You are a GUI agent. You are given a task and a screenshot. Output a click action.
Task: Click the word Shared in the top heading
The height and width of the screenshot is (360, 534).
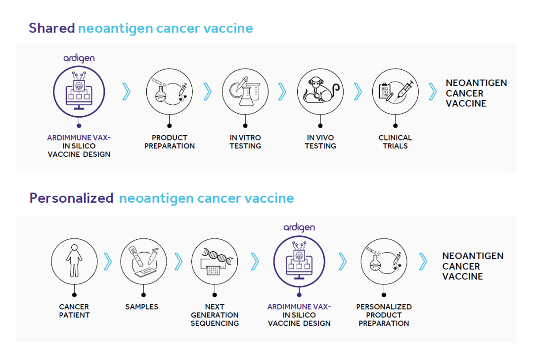point(51,28)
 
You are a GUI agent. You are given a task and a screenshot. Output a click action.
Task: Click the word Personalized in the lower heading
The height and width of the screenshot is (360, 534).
point(71,198)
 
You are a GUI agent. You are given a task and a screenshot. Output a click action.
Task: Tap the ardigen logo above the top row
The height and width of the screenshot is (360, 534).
point(79,58)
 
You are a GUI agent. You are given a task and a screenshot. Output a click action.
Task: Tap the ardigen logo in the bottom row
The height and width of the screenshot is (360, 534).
point(299,227)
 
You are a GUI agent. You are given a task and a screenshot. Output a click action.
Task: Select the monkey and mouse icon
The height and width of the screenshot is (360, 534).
point(320,91)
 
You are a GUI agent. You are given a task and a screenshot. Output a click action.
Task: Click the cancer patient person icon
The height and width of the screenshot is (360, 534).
point(74,261)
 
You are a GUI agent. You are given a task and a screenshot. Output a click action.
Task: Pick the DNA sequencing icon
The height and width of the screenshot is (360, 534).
point(215,261)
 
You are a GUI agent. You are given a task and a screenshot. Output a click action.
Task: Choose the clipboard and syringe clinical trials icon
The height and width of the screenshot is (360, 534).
point(395,91)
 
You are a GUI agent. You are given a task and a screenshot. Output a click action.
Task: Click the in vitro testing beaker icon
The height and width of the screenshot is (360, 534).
point(245,91)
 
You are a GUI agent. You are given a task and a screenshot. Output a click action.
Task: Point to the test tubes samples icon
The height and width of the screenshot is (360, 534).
point(143,261)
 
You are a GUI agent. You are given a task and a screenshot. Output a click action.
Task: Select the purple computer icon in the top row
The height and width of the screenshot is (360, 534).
point(79,91)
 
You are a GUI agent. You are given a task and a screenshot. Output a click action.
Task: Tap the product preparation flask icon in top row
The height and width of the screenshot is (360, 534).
point(169,91)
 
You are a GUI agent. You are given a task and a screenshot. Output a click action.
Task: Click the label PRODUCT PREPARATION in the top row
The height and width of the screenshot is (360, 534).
point(169,142)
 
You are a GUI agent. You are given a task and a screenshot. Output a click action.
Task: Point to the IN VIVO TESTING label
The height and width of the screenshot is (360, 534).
point(320,142)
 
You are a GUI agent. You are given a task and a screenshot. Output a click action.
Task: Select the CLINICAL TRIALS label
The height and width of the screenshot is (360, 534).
point(395,142)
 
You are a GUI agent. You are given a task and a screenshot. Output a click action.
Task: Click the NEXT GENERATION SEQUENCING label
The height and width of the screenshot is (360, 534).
point(215,315)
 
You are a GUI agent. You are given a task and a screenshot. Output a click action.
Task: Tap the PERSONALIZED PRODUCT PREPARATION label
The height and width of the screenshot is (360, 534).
point(384,315)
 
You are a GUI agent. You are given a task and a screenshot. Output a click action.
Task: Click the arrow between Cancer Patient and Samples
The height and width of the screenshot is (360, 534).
point(108,262)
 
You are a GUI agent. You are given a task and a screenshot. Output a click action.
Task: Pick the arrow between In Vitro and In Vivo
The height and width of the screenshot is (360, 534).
point(282,91)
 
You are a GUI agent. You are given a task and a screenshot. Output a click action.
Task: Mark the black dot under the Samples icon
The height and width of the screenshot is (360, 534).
point(143,295)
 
